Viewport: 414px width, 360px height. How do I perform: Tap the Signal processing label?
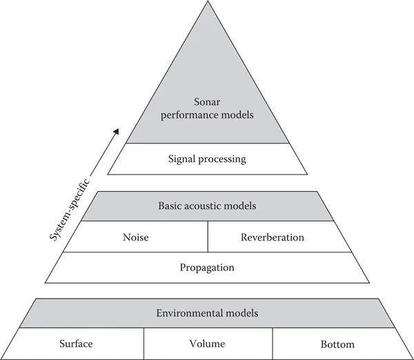(x=207, y=159)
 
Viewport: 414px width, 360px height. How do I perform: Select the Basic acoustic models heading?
(x=207, y=206)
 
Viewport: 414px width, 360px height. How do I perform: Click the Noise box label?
(x=135, y=237)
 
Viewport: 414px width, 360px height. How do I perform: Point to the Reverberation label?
(x=273, y=237)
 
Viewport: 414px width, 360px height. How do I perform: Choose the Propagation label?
(x=207, y=268)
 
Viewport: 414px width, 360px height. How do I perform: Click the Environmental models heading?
(x=207, y=313)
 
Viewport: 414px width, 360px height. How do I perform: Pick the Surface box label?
(x=76, y=343)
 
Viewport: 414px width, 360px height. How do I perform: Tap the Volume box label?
(x=207, y=343)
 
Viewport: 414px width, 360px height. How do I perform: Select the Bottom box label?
(x=337, y=344)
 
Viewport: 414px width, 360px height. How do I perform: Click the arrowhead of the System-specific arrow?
(x=116, y=132)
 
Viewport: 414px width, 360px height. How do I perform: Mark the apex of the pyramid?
(x=207, y=3)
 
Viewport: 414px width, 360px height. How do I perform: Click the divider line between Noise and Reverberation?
(x=207, y=237)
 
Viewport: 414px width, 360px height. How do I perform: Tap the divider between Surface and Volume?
(x=144, y=343)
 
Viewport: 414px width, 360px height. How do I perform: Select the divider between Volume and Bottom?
(x=273, y=343)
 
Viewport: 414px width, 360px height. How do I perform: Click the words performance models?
(x=207, y=114)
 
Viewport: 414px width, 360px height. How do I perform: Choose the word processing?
(x=223, y=159)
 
